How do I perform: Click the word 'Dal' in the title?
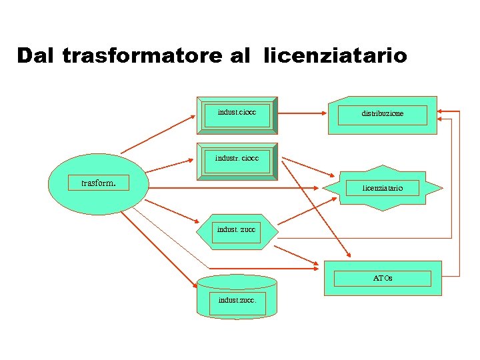pyautogui.click(x=36, y=55)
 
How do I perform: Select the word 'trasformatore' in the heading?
pyautogui.click(x=141, y=55)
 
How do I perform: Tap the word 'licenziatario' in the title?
pyautogui.click(x=335, y=55)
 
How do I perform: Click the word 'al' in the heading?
pyautogui.click(x=239, y=55)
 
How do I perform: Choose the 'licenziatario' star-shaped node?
pyautogui.click(x=382, y=188)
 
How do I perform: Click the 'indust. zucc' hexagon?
pyautogui.click(x=236, y=231)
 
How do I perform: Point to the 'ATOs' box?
pyautogui.click(x=383, y=277)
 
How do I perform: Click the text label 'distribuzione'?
pyautogui.click(x=383, y=114)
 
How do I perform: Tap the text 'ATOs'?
pyautogui.click(x=383, y=278)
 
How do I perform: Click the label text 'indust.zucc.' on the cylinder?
pyautogui.click(x=237, y=300)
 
